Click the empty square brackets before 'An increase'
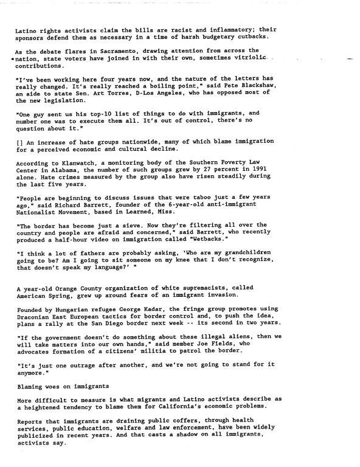(19, 140)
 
